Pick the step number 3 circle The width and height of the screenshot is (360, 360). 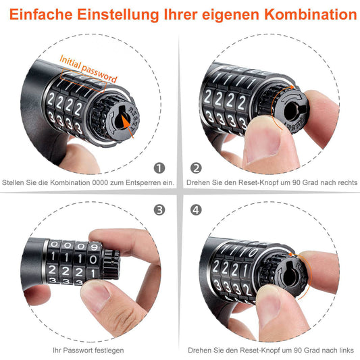click(x=159, y=210)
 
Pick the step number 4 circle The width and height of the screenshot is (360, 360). click(x=197, y=210)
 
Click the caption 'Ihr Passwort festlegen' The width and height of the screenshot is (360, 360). click(x=88, y=350)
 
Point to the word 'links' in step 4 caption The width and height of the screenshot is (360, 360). click(x=344, y=350)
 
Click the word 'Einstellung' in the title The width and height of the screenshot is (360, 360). click(x=112, y=14)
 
